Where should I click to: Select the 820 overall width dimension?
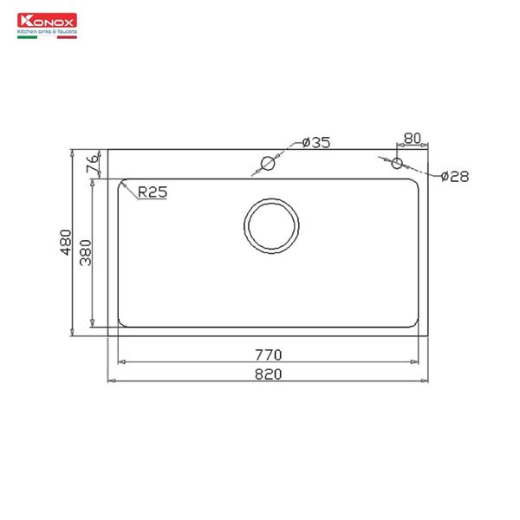270,374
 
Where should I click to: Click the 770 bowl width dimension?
270,354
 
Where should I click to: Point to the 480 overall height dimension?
66,242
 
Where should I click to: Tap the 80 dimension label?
412,139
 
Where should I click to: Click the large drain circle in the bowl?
271,225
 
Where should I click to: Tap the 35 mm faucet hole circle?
268,163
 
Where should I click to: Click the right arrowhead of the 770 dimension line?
420,361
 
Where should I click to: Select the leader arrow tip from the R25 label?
121,183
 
